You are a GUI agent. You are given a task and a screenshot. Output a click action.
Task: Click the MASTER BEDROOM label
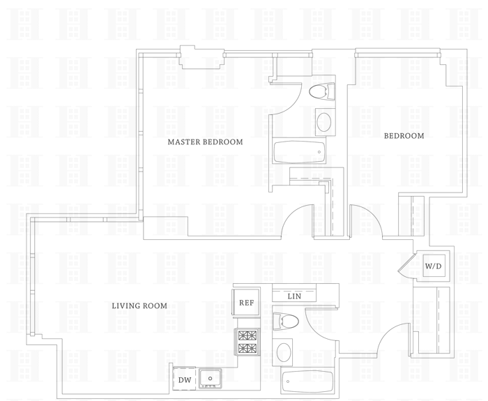click(x=205, y=142)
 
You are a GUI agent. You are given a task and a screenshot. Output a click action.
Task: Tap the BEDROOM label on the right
click(x=404, y=136)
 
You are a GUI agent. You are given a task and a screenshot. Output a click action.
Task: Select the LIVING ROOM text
click(x=140, y=305)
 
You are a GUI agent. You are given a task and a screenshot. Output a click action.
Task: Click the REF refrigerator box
click(x=246, y=303)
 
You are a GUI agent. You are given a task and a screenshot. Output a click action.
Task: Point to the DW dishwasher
click(x=184, y=379)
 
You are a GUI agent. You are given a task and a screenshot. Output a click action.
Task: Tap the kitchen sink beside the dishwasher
click(x=209, y=379)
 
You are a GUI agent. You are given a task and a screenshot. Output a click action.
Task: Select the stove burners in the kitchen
click(x=247, y=342)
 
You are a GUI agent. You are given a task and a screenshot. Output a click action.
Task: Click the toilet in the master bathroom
click(x=321, y=91)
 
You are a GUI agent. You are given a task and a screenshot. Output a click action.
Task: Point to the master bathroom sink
click(x=325, y=123)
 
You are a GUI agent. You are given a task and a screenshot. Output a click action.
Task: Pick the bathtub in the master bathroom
click(x=298, y=153)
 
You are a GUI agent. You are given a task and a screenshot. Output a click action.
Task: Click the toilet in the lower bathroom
click(x=287, y=321)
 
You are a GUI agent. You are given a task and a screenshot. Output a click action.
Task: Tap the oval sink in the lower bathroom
click(x=284, y=352)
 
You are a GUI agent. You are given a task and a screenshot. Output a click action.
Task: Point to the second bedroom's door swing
click(x=366, y=218)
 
